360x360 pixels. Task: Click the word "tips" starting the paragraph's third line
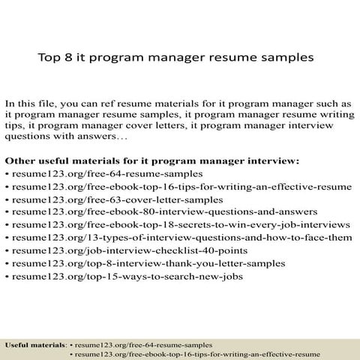[x=16, y=126]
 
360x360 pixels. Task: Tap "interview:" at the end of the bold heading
[x=274, y=161]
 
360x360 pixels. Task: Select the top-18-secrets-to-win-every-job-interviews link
[x=180, y=225]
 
